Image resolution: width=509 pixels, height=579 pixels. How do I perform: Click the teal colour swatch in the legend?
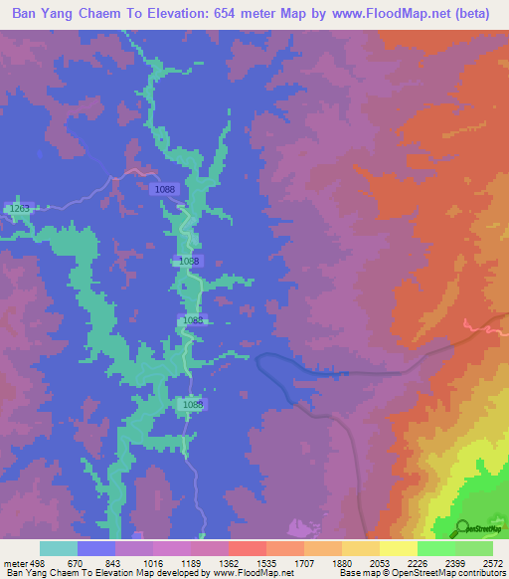click(58, 548)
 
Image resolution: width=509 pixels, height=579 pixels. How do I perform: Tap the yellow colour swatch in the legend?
click(398, 548)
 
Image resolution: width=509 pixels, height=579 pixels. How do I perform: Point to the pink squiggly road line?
click(487, 327)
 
